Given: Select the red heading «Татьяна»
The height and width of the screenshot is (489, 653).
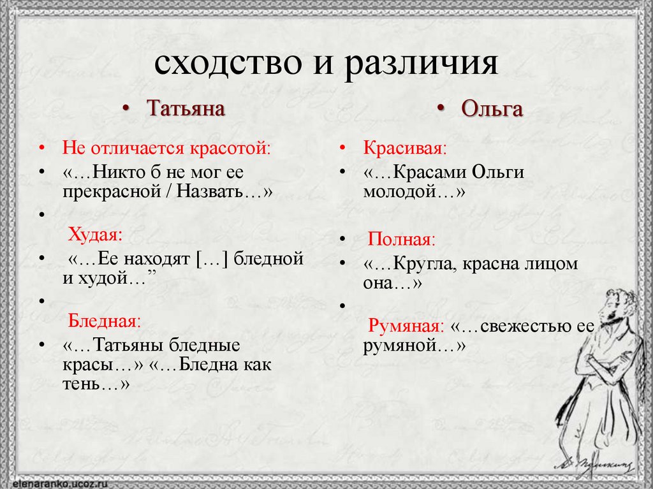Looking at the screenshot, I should [186, 108].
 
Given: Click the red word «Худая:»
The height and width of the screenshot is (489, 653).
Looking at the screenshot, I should [95, 234].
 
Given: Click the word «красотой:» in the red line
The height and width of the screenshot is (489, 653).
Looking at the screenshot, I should [230, 149].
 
